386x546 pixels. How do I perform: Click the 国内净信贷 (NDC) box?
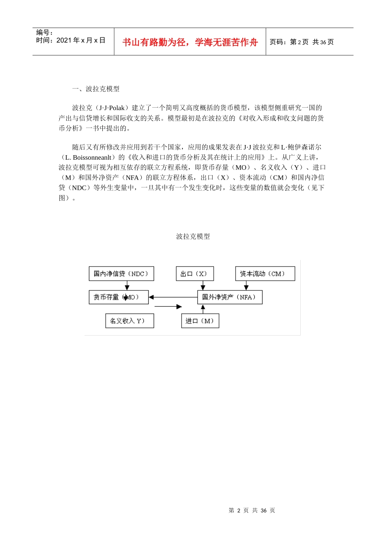click(121, 274)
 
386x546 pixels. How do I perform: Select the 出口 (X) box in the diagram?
click(195, 274)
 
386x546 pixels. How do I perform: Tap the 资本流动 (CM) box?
click(265, 274)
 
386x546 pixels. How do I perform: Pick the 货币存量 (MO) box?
click(119, 297)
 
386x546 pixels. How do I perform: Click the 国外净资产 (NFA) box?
click(230, 297)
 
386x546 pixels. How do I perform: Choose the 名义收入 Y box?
click(130, 321)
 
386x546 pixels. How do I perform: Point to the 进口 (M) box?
click(200, 321)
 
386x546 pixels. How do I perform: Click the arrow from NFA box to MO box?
click(173, 297)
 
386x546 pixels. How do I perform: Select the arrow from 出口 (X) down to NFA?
click(203, 286)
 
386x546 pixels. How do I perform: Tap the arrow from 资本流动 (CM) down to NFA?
click(246, 286)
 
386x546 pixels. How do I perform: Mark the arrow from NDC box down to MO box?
click(127, 286)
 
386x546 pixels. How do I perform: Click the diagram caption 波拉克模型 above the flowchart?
click(193, 236)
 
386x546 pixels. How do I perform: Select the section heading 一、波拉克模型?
click(96, 89)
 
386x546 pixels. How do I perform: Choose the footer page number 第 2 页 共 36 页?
click(252, 511)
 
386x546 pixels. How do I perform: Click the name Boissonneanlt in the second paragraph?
click(92, 157)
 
